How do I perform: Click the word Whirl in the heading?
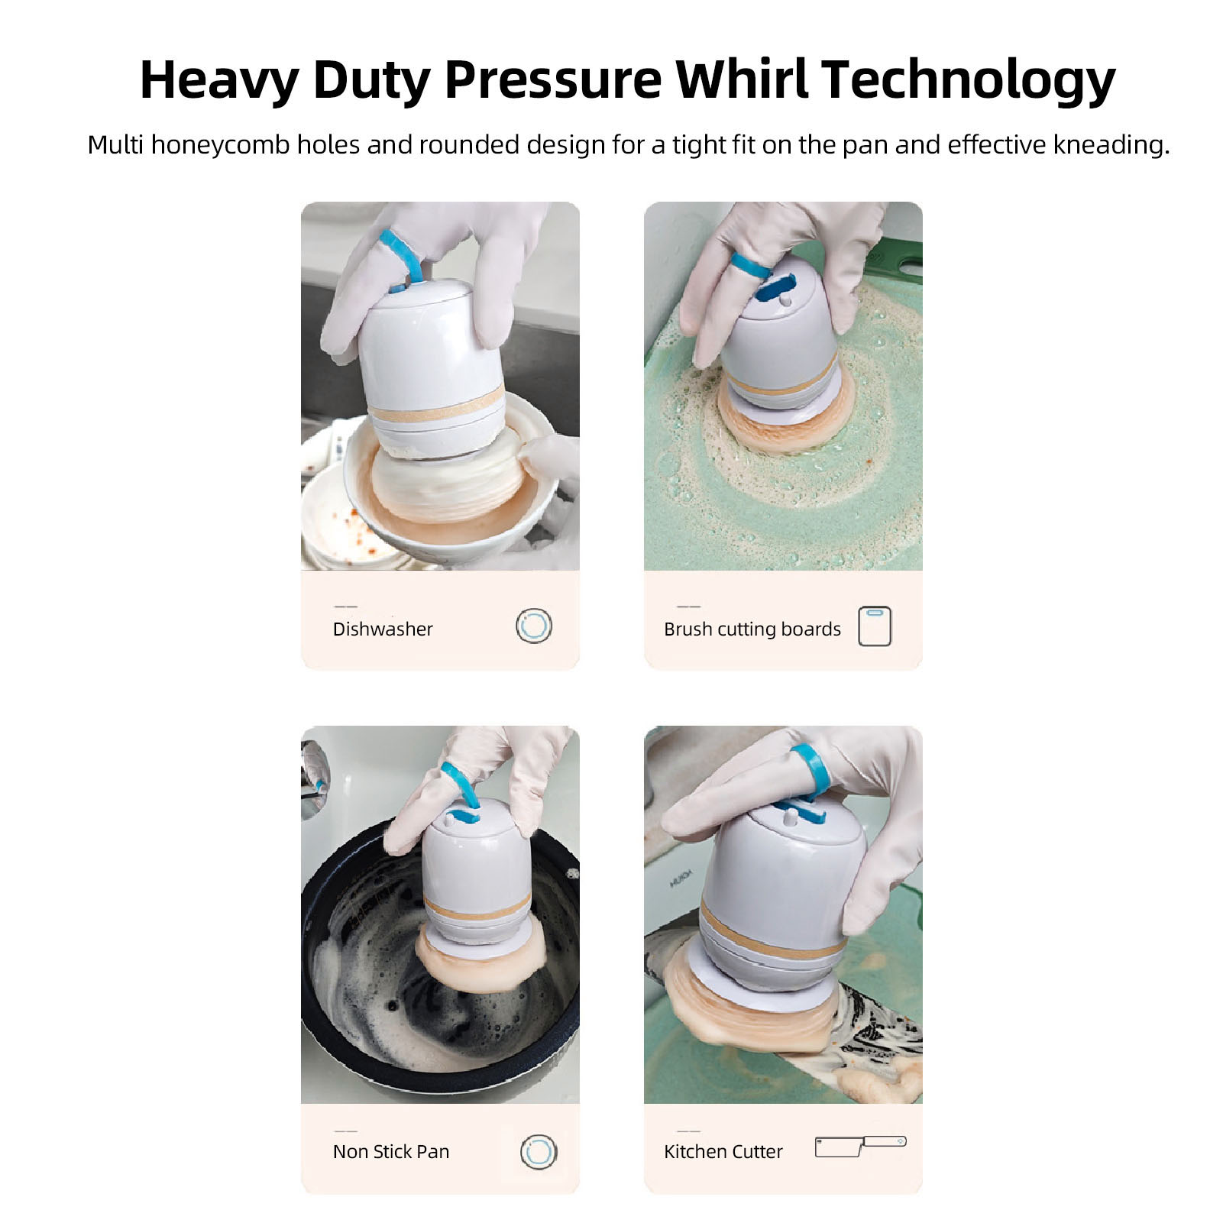741,79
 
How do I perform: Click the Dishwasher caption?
383,629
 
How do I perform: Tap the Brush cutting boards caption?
752,629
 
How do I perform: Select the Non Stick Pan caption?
391,1151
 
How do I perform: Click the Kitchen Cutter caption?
723,1151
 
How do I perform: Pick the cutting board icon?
875,626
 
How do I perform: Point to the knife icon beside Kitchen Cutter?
860,1146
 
